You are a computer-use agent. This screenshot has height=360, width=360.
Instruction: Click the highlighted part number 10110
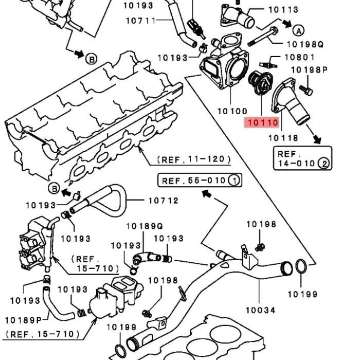[x=262, y=123]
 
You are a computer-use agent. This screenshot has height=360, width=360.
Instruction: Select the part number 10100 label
[x=232, y=111]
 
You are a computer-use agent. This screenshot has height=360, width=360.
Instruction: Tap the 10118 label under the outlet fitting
[x=283, y=138]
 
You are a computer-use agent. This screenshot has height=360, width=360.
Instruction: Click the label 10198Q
[x=305, y=45]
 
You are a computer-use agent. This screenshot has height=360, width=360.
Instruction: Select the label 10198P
[x=310, y=70]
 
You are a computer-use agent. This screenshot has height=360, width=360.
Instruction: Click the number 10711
[x=140, y=21]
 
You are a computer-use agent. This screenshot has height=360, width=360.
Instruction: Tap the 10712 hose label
[x=164, y=201]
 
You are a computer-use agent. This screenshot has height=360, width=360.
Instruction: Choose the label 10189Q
[x=144, y=226]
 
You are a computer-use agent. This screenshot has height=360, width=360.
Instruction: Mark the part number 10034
[x=260, y=310]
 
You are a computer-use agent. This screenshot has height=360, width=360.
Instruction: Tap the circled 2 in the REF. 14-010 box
[x=324, y=164]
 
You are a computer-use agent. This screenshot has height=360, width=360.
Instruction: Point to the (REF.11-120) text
[x=193, y=160]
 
